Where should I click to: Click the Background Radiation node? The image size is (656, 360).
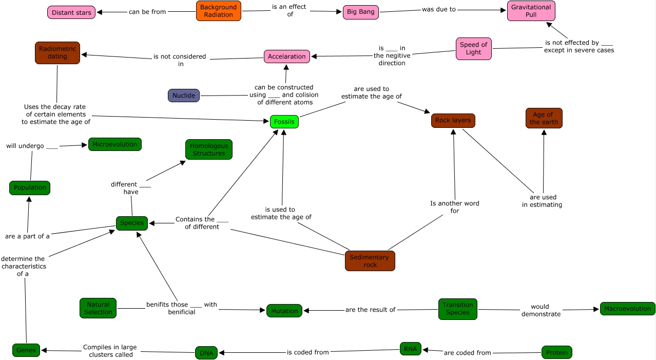click(218, 11)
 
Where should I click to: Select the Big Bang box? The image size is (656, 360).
click(360, 12)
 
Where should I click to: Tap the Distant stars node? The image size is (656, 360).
click(71, 12)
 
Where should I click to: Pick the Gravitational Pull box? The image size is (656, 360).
click(531, 11)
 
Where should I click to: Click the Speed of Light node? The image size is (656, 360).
click(473, 48)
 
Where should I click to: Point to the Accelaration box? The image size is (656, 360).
click(287, 56)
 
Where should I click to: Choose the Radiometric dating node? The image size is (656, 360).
click(57, 52)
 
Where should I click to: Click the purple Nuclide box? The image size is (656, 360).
click(184, 96)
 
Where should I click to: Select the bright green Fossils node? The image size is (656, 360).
click(284, 122)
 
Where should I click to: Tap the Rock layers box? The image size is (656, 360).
click(453, 121)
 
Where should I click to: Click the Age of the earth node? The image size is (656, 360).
click(544, 118)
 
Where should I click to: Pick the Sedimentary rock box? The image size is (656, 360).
click(370, 261)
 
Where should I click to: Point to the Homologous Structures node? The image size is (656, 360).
click(208, 149)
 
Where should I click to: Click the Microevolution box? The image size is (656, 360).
click(114, 144)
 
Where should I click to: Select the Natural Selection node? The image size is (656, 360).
click(98, 308)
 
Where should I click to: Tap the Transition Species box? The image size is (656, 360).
click(457, 309)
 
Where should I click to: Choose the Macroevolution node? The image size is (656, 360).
click(627, 309)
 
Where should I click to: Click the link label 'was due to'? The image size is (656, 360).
click(438, 9)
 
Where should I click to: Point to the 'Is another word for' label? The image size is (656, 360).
click(454, 207)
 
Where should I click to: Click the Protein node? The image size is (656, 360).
click(556, 352)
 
